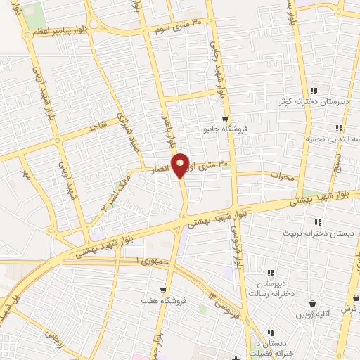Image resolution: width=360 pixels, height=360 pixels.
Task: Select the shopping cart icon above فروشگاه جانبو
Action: pyautogui.click(x=224, y=118)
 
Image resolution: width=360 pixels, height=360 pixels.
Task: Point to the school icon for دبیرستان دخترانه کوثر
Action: pyautogui.click(x=314, y=91)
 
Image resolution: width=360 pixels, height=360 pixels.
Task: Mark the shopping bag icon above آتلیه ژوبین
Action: pyautogui.click(x=312, y=303)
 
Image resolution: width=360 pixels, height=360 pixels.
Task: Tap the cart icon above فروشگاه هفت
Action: pyautogui.click(x=163, y=290)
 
